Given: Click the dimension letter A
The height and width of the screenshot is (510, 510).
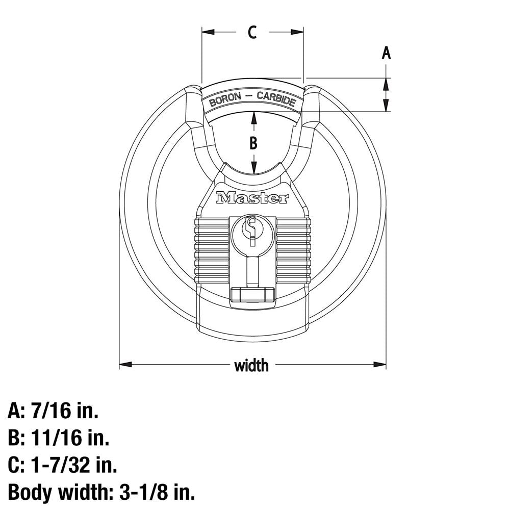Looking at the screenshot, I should pos(386,53).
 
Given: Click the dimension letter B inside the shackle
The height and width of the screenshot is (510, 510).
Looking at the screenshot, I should pos(253,143).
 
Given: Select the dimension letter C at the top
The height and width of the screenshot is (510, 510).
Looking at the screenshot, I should pos(252,32).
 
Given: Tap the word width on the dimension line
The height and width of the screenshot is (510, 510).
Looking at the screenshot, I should pos(251,365).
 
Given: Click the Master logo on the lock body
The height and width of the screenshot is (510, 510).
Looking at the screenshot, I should pos(252,198).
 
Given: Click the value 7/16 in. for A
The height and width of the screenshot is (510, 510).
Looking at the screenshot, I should pos(65,410).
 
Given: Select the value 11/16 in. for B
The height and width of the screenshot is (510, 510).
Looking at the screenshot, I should pos(70,437).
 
